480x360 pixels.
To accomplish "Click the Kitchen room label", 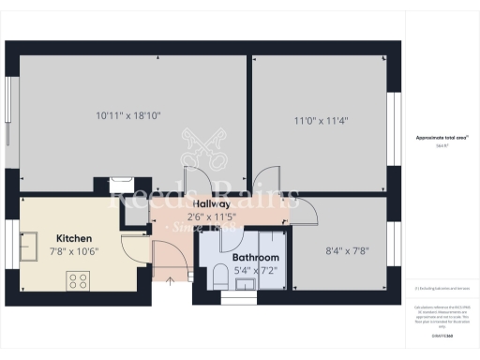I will pos(74,238).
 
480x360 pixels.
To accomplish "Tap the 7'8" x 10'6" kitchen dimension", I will pos(74,250).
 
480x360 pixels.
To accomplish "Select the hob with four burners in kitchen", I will pos(77,278).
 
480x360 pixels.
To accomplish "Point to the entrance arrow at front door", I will pos(170,277).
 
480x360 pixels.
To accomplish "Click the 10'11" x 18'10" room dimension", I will pos(128,116).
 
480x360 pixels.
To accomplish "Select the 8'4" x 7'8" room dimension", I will pos(346,251).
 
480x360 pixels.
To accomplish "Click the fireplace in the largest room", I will pos(121,185).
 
